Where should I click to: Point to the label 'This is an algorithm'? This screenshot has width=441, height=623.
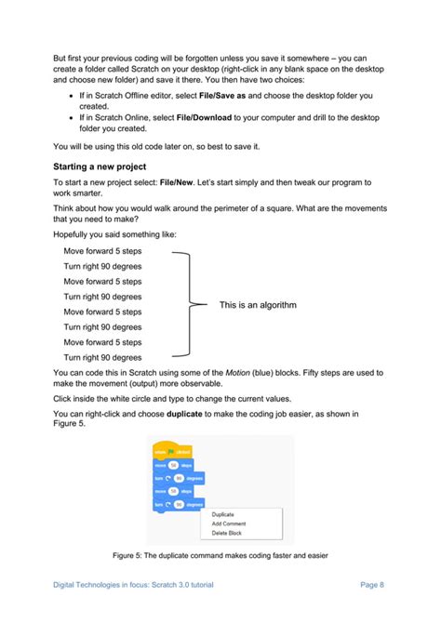point(258,305)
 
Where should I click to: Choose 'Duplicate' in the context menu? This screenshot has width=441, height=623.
point(223,513)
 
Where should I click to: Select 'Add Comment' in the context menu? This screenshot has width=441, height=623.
point(229,524)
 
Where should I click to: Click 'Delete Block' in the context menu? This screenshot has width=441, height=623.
point(227,533)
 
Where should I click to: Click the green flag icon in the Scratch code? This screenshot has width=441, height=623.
point(173,452)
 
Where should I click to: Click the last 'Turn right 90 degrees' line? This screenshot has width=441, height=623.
point(102,357)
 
